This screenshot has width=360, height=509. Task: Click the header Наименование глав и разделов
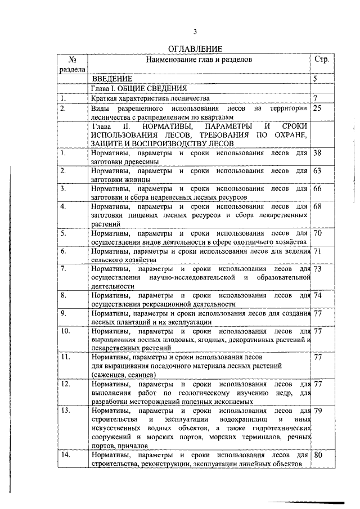199,59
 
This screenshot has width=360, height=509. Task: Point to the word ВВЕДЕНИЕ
112,79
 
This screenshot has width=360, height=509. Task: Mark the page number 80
318,454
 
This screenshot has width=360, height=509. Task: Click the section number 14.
67,454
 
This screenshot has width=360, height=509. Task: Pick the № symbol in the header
71,59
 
